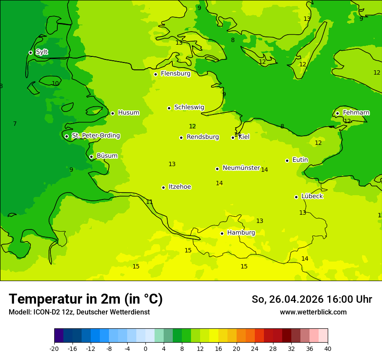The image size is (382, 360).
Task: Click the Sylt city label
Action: tap(42, 52)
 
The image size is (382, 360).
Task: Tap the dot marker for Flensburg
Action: tap(155, 74)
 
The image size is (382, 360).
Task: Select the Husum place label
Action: tap(128, 113)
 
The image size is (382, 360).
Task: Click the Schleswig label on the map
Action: tap(189, 107)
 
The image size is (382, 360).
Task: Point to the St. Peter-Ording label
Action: tap(95, 136)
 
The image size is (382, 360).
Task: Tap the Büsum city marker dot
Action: tap(91, 157)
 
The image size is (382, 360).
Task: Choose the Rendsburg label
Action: tap(202, 137)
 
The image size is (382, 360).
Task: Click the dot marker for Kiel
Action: tap(233, 137)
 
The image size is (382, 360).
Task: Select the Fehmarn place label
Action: tap(356, 113)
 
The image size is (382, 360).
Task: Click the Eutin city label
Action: tap(300, 160)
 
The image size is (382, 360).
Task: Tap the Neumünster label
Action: tap(241, 168)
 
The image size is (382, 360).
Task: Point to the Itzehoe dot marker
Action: tap(163, 187)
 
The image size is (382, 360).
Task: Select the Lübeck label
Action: tap(312, 196)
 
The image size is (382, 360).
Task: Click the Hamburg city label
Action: tap(241, 232)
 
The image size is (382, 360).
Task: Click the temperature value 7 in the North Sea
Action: tap(15, 124)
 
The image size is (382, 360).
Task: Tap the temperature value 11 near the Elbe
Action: tap(149, 202)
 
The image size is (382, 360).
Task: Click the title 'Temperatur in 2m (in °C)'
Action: tap(86, 299)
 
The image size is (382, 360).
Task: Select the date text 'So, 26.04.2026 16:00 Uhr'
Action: tap(312, 299)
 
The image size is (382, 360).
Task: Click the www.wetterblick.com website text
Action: tap(313, 312)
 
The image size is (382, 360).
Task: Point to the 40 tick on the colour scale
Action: tap(328, 348)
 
